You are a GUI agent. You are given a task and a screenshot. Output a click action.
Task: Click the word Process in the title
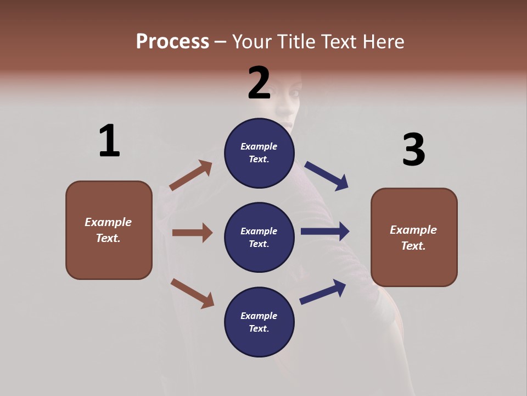172,42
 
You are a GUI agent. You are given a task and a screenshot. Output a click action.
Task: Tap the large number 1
109,141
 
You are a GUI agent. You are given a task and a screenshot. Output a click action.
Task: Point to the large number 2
259,83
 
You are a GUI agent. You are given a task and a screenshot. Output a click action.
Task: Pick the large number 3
413,150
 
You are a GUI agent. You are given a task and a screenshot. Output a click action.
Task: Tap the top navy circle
259,152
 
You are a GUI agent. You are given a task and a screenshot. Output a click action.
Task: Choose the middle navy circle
259,237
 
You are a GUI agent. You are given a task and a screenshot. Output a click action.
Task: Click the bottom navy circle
259,322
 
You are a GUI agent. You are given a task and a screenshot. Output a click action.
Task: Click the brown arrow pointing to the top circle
191,175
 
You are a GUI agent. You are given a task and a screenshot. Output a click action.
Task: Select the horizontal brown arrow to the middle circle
192,233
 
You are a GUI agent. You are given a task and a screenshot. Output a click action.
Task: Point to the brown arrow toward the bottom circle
192,293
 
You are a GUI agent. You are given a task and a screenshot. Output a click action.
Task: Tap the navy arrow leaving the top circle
327,175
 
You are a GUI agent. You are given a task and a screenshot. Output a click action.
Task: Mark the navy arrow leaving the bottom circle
323,291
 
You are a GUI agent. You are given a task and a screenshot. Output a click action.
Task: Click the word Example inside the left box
108,222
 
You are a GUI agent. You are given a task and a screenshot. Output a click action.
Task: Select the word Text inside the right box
413,246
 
